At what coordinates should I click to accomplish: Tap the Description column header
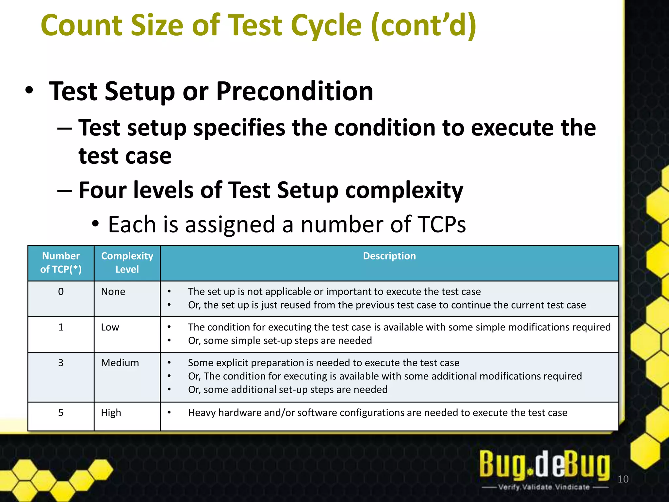pyautogui.click(x=389, y=256)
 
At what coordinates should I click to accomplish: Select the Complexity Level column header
pyautogui.click(x=127, y=262)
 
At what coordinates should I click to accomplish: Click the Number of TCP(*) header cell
pyautogui.click(x=61, y=262)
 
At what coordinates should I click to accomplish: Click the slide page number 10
pyautogui.click(x=623, y=479)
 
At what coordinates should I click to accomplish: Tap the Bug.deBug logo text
pyautogui.click(x=545, y=464)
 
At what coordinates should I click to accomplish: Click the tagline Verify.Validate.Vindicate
pyautogui.click(x=545, y=487)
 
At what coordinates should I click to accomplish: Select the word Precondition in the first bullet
pyautogui.click(x=294, y=92)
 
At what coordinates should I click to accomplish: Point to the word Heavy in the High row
pyautogui.click(x=202, y=413)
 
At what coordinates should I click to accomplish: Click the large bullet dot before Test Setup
pyautogui.click(x=29, y=91)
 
